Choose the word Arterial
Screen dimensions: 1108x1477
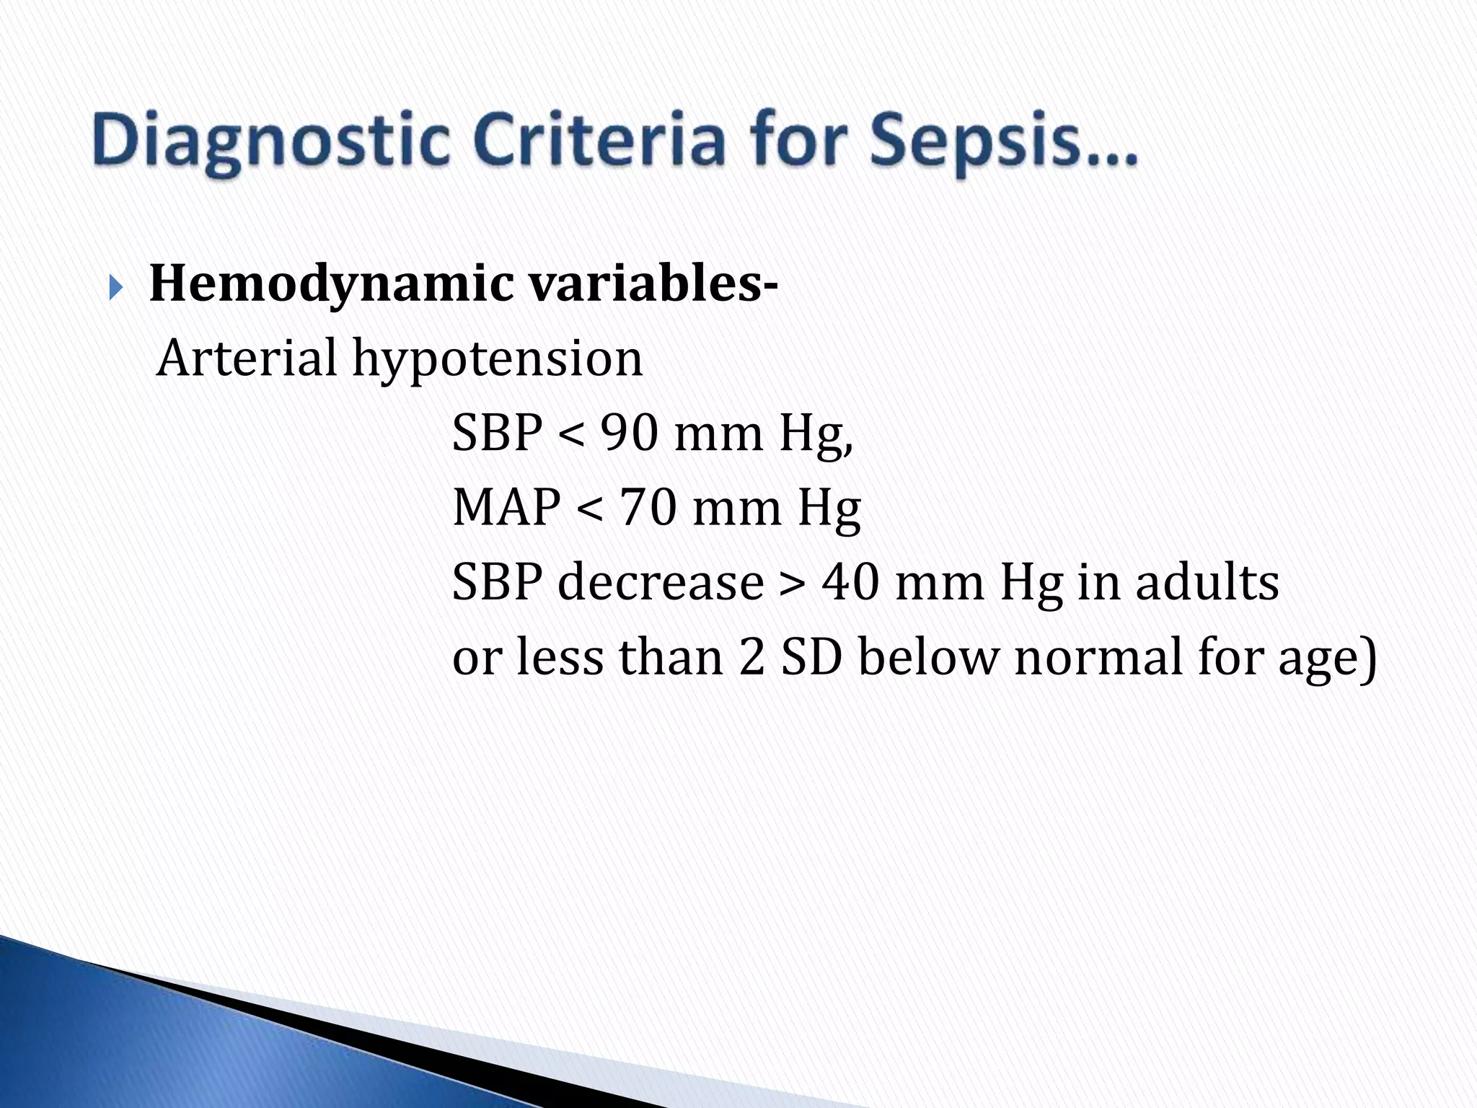[x=247, y=358]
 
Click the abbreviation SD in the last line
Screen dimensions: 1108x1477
[x=811, y=656]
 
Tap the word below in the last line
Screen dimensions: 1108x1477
[x=928, y=656]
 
